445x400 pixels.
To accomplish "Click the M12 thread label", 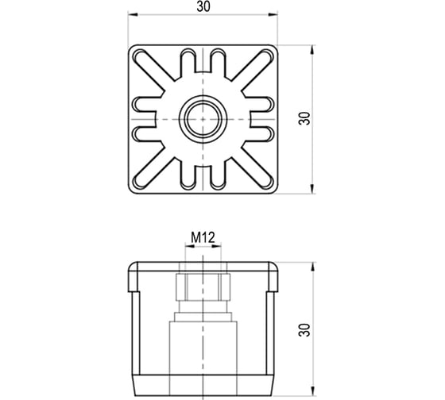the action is click(x=203, y=237).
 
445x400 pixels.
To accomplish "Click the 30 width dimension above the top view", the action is click(x=203, y=6).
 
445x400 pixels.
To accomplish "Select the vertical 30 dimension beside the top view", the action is click(x=304, y=118).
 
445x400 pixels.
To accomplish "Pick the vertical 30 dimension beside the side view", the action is click(x=304, y=329).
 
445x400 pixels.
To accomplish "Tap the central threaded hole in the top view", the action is click(x=203, y=119).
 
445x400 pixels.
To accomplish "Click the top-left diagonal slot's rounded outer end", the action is click(x=139, y=56).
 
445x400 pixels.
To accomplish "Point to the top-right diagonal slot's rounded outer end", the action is click(x=267, y=56).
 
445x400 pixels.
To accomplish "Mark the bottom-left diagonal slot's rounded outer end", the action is click(x=139, y=183).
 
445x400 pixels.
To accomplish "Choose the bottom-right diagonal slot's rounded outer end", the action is click(x=267, y=183).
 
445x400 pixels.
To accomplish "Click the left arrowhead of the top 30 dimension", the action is click(x=133, y=14).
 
